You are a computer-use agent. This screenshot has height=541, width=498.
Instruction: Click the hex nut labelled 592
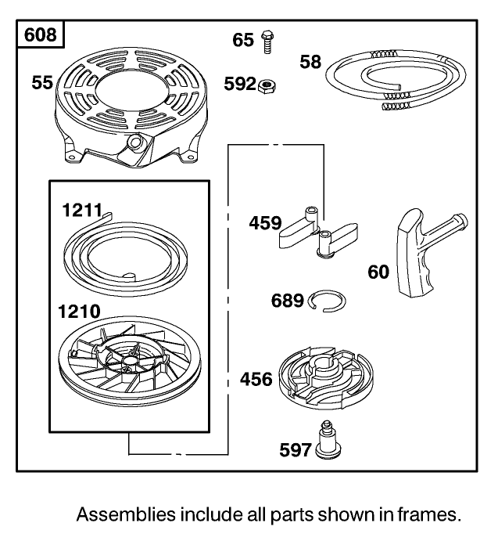(268, 83)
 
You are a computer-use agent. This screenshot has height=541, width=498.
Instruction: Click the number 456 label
(256, 380)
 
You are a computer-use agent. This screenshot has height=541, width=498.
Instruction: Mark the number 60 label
(379, 272)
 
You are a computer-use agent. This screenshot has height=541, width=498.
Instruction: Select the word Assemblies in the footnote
(126, 515)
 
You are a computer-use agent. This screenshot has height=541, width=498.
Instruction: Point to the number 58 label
(311, 61)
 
